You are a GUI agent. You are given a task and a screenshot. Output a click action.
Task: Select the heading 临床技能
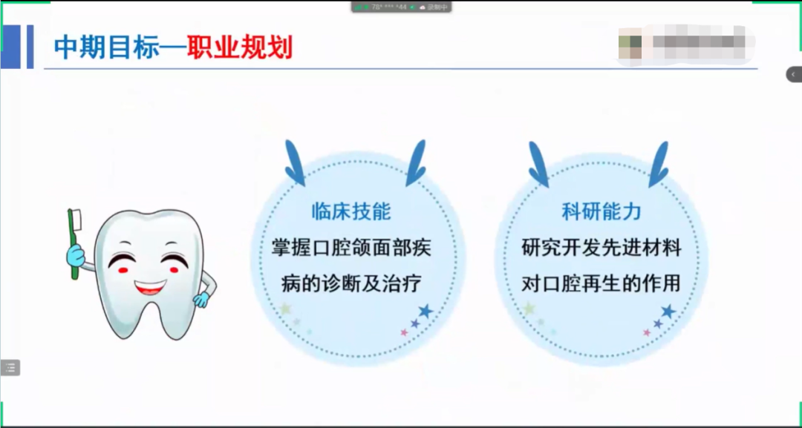[x=351, y=211]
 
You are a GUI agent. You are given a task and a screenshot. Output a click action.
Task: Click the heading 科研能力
[x=601, y=211]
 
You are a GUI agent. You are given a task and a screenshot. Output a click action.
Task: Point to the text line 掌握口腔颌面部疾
[x=351, y=248]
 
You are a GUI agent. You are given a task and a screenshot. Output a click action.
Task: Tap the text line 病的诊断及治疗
[x=351, y=283]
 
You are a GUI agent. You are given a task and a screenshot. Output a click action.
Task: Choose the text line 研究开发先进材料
[x=601, y=248]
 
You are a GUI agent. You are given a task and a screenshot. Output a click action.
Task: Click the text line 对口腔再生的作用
[x=601, y=283]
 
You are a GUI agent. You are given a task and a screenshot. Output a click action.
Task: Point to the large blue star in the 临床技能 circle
[x=425, y=311]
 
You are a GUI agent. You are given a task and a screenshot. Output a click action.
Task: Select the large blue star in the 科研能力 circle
[x=668, y=311]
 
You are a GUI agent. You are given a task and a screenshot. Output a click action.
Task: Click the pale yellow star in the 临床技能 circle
[x=285, y=308]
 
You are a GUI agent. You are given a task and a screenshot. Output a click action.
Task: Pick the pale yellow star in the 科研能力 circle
[x=529, y=308]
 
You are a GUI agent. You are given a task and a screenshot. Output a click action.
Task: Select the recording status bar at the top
[x=402, y=7]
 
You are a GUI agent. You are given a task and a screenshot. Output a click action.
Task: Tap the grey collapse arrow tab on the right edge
[x=794, y=74]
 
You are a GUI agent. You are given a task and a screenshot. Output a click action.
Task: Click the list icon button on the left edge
[x=10, y=367]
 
